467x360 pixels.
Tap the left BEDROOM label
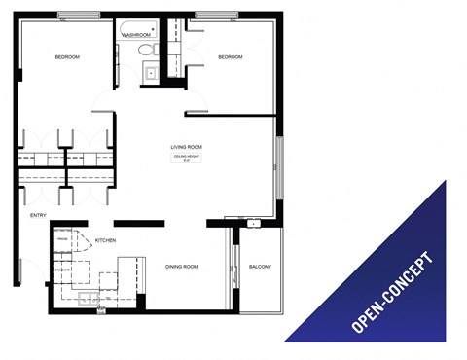pos(67,57)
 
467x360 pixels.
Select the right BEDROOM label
pos(230,57)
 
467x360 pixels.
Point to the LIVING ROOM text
pos(186,147)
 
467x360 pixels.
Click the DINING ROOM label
pos(182,266)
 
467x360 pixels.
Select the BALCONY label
pos(260,266)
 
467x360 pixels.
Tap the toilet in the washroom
pos(146,49)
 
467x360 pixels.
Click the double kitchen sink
pos(86,299)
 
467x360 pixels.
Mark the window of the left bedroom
pos(78,15)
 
